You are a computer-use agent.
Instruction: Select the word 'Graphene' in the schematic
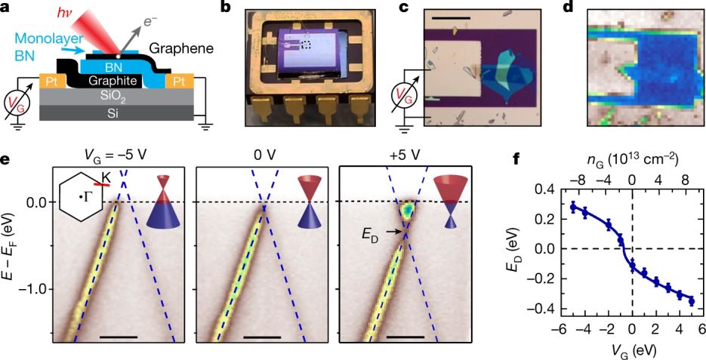(x=181, y=49)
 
